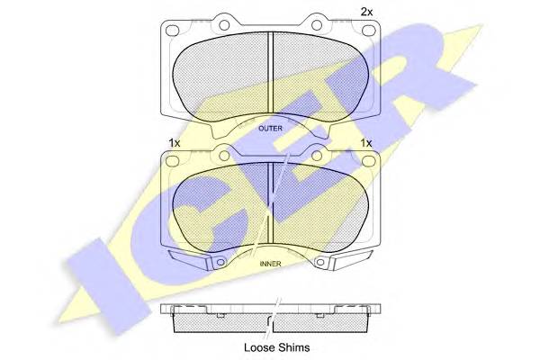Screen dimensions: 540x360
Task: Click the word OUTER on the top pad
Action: click(270, 129)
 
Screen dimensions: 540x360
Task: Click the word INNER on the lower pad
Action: click(270, 264)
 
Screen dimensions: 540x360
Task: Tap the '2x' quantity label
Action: click(366, 12)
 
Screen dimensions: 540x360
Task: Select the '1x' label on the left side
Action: click(175, 143)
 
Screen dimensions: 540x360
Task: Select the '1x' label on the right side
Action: click(365, 143)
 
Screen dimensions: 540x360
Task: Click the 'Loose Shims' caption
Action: click(276, 347)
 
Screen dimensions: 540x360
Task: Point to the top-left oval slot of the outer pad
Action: click(173, 31)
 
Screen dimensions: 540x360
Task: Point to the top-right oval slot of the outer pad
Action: click(368, 31)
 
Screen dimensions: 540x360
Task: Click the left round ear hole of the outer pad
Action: click(224, 25)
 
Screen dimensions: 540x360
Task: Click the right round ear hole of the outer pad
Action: click(317, 25)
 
